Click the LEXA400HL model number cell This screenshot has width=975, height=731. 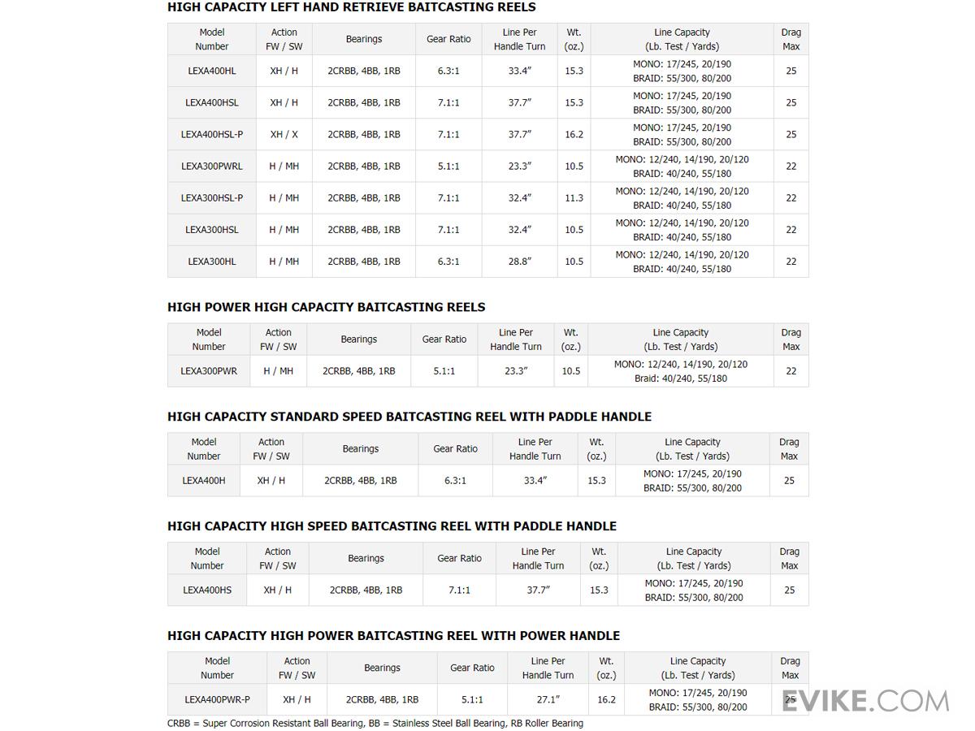click(212, 71)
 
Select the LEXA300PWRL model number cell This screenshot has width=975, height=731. click(212, 166)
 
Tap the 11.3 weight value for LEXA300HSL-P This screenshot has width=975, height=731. click(574, 197)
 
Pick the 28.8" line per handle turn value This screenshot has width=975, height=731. click(519, 262)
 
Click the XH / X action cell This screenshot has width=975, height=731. click(284, 134)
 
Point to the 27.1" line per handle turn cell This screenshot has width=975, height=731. click(548, 699)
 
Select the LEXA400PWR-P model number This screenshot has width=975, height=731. click(217, 699)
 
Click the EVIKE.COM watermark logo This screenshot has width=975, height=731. click(864, 701)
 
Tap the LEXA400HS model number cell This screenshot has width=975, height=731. click(207, 590)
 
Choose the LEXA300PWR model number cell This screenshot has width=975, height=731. click(209, 371)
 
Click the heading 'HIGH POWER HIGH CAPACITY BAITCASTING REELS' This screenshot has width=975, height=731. click(326, 307)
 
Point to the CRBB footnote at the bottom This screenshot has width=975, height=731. click(375, 723)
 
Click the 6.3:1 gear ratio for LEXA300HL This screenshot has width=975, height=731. click(448, 262)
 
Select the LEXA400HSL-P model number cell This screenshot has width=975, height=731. click(212, 134)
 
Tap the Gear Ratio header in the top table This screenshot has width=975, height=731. click(448, 39)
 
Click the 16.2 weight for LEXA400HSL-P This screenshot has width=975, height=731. click(574, 134)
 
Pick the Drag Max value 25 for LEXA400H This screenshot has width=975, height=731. click(789, 481)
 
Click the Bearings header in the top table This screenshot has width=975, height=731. click(364, 39)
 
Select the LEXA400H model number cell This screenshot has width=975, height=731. click(204, 481)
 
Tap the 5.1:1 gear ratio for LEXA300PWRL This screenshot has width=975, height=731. click(448, 166)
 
